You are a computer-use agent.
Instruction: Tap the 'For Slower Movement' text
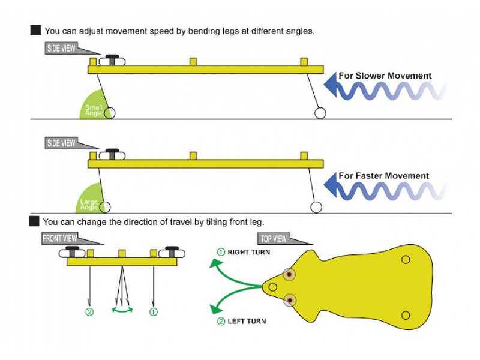tap(385, 76)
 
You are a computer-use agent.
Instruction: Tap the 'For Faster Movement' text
tap(384, 176)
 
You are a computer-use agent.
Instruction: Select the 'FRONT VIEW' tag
tap(59, 238)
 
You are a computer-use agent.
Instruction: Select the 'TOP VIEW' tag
tap(274, 239)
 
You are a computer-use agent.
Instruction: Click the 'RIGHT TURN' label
tap(248, 252)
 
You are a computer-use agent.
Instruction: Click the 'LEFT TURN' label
tap(246, 322)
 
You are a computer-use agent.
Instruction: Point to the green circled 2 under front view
tap(89, 312)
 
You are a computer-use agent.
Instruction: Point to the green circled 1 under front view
tap(154, 312)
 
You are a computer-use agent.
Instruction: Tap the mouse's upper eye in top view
tap(289, 274)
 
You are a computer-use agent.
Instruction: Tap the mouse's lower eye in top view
tap(290, 299)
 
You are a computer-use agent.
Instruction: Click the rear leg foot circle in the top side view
tap(320, 113)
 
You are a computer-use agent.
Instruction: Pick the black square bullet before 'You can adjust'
tap(35, 30)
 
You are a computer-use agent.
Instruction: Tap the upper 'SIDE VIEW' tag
tap(61, 48)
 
